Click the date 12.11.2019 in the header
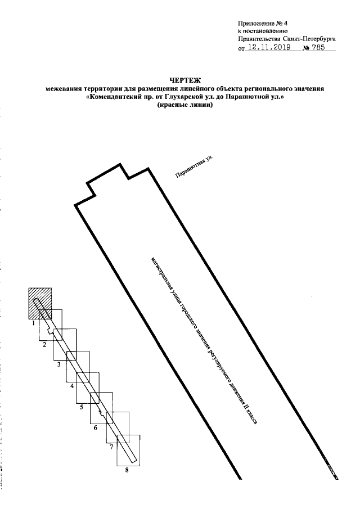point(268,48)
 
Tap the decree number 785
point(318,48)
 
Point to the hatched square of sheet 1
point(40,303)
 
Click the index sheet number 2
point(45,345)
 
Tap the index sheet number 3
point(58,364)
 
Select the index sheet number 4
point(72,386)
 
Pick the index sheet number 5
point(82,407)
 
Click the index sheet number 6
point(96,428)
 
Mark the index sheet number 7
point(111,447)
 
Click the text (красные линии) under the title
point(184,105)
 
